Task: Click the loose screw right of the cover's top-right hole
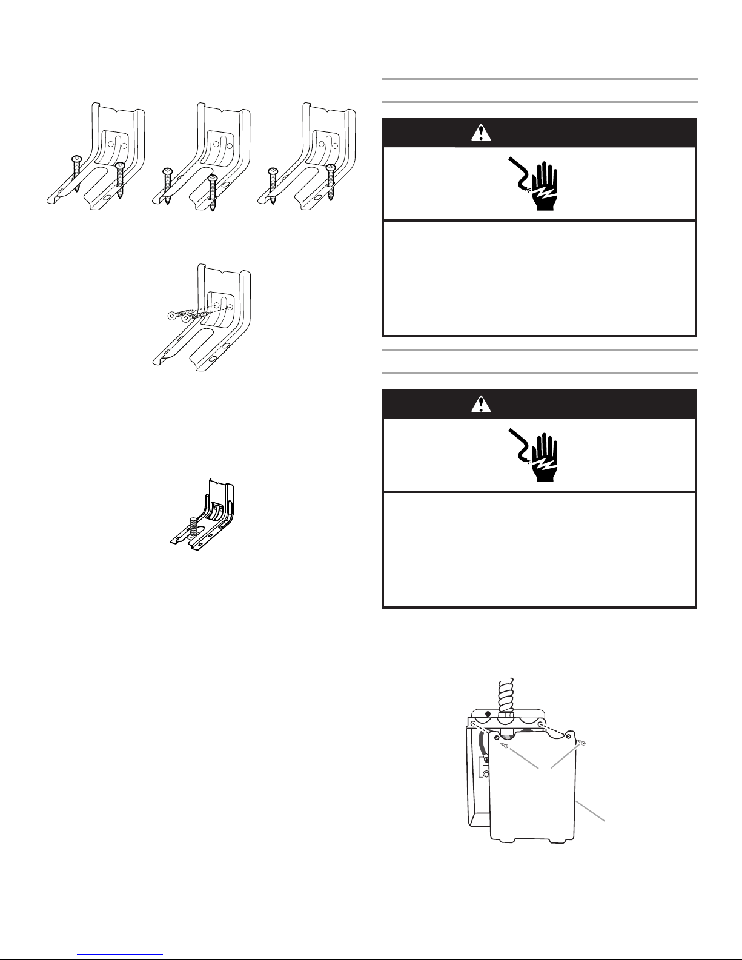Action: [x=583, y=742]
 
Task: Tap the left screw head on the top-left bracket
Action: [x=77, y=158]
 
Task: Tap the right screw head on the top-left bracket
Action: [x=120, y=165]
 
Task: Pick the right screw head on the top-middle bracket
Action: [x=212, y=177]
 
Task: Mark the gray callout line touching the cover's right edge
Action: [x=591, y=810]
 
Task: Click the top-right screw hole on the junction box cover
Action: [x=569, y=733]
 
